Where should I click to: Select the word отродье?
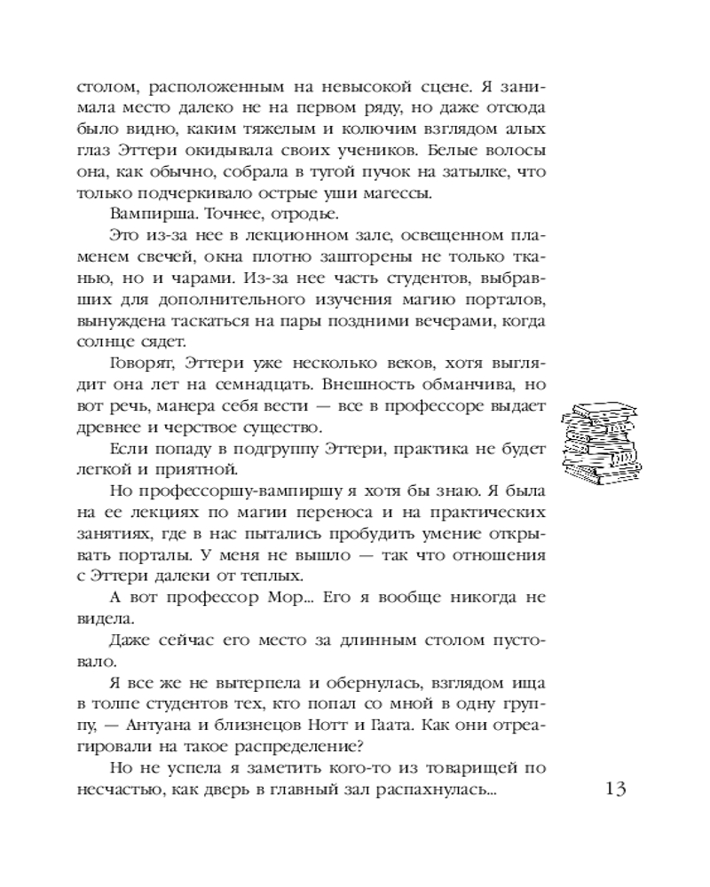click(260, 214)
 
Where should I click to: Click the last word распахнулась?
click(444, 789)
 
